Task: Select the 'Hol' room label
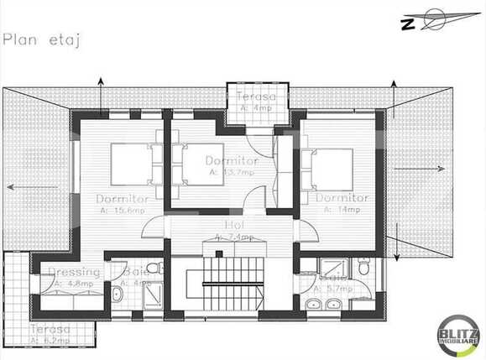(x=234, y=226)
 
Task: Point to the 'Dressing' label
(x=74, y=271)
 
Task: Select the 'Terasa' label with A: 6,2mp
(x=48, y=330)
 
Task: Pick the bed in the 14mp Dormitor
(x=330, y=168)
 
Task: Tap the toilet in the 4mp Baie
(x=152, y=268)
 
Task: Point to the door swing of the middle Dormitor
(x=254, y=201)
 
